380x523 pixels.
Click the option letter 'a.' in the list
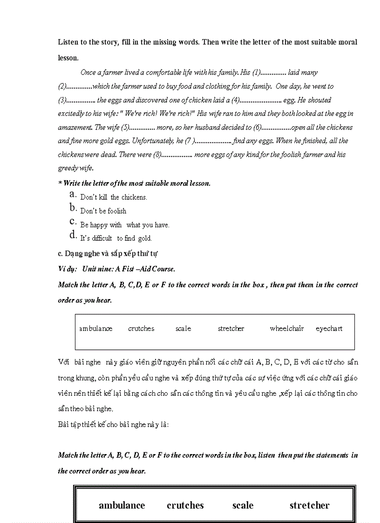coord(73,194)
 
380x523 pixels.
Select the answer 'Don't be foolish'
coord(103,211)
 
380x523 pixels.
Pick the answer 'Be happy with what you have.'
coord(124,225)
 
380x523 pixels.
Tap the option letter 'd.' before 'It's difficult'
coord(73,235)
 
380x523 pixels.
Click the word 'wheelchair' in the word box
coord(286,329)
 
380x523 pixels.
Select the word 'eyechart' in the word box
coord(329,329)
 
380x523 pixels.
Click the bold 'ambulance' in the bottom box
coord(122,505)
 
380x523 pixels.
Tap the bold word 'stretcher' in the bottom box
coord(309,505)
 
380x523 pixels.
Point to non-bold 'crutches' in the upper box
coord(141,329)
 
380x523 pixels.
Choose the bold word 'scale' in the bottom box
coord(243,505)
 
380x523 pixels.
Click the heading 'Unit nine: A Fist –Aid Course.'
coord(129,269)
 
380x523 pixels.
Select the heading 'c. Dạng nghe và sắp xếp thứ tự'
coord(107,254)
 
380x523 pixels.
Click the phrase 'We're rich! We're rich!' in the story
coord(160,114)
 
